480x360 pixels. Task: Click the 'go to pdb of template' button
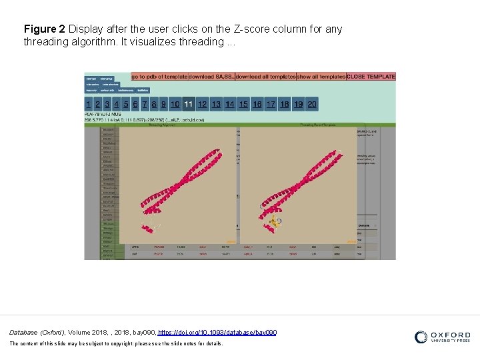point(159,77)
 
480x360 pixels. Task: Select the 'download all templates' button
point(265,77)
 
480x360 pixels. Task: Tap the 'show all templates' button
point(321,77)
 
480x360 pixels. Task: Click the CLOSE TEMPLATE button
point(371,77)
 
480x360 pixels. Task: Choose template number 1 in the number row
point(89,104)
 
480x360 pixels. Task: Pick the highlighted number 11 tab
point(188,104)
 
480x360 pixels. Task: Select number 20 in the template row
point(312,104)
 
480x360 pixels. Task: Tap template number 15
point(243,104)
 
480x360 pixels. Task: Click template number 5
point(126,104)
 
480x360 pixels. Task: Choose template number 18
point(285,104)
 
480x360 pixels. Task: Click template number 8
point(154,104)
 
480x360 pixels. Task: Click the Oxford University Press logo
point(442,337)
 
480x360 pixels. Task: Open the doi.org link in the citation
point(217,332)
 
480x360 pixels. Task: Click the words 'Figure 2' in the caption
point(44,29)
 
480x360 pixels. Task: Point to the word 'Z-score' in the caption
point(251,29)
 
